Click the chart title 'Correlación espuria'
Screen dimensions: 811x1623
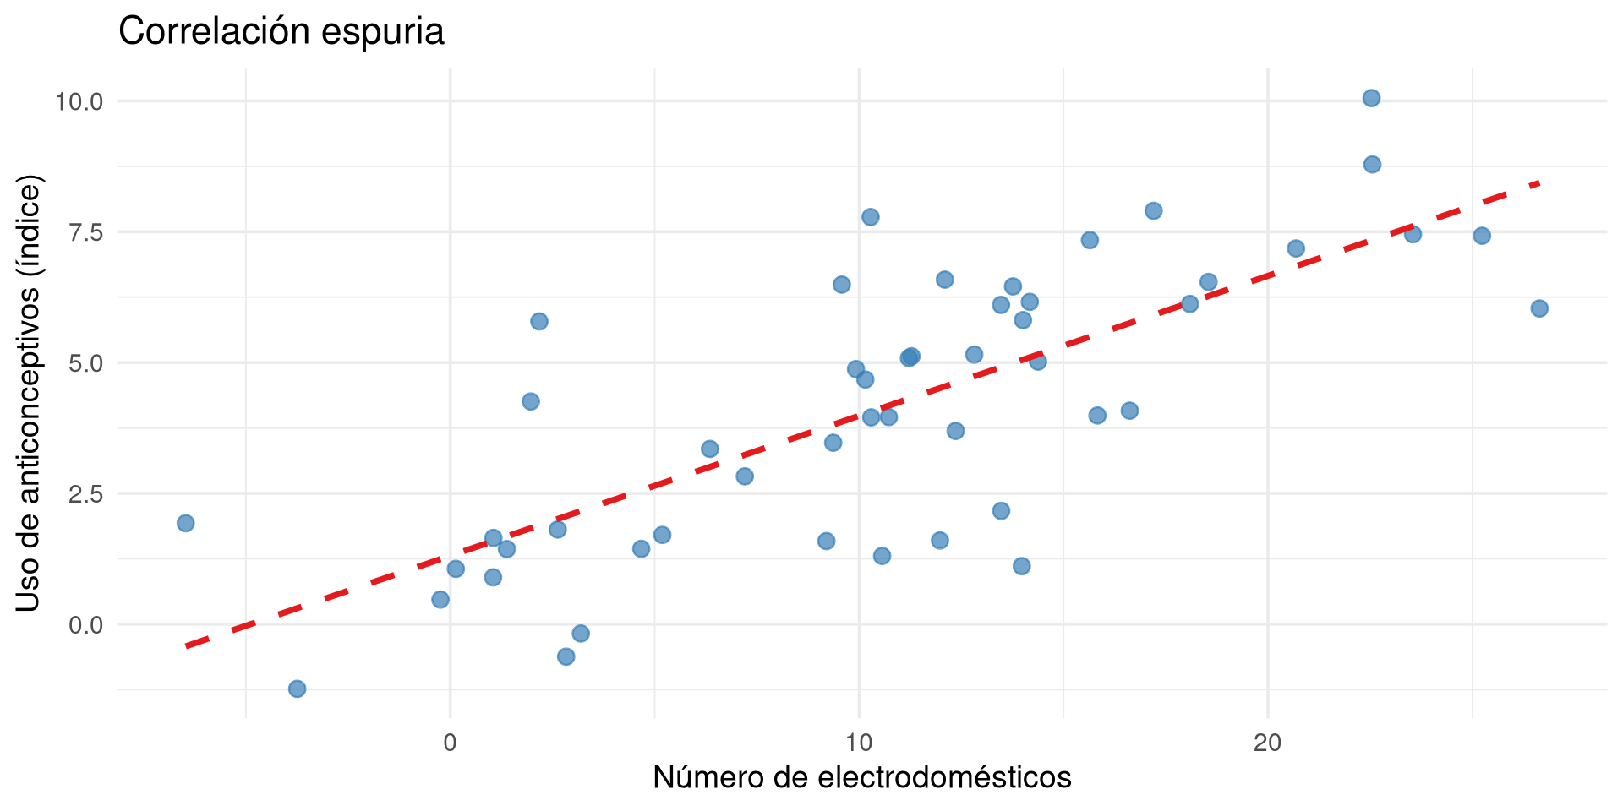tap(281, 32)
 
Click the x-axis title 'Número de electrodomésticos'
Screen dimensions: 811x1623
tap(862, 777)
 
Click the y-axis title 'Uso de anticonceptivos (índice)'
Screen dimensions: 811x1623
tap(29, 393)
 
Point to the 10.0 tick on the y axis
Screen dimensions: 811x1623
tap(79, 102)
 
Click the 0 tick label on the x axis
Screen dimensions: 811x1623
tap(450, 743)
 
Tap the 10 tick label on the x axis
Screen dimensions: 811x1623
tap(859, 743)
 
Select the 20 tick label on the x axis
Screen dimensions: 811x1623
tap(1268, 743)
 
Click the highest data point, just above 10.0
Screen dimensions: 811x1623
tap(1371, 98)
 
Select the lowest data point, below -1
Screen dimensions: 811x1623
tap(297, 689)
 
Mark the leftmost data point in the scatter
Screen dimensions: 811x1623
tap(186, 523)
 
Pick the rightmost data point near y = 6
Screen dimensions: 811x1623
tap(1539, 308)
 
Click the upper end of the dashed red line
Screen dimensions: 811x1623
tap(1538, 182)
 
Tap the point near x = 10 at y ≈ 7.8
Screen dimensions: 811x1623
tap(871, 217)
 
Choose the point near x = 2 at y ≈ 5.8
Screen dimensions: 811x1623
tap(539, 321)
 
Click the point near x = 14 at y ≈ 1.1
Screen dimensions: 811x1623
tap(1022, 566)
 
